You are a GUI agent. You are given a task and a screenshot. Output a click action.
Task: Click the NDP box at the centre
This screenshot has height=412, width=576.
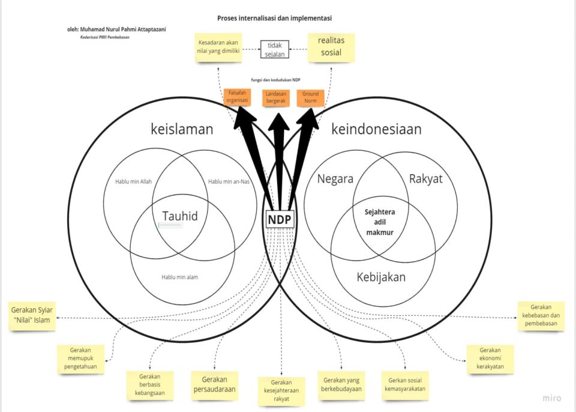click(280, 220)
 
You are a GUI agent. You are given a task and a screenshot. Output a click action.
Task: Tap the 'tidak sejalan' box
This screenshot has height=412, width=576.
click(275, 49)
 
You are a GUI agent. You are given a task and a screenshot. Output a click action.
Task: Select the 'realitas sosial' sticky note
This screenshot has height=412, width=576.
click(331, 47)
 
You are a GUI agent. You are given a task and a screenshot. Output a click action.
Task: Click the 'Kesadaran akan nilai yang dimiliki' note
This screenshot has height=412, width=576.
click(218, 47)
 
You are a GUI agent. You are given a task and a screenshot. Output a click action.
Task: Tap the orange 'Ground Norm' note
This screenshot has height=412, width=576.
click(310, 97)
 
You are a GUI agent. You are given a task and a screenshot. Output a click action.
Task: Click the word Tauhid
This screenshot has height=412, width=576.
click(180, 216)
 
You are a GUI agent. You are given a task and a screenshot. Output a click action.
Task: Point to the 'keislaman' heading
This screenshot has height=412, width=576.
click(182, 129)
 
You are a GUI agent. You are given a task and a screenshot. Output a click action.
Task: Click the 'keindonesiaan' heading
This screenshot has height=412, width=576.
click(376, 129)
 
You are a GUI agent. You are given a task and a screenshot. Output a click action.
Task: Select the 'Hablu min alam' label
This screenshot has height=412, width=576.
click(179, 277)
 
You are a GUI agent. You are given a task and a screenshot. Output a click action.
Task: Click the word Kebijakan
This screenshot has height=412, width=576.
click(381, 277)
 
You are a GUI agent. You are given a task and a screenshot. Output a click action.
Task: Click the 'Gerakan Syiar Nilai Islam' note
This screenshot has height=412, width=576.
click(33, 315)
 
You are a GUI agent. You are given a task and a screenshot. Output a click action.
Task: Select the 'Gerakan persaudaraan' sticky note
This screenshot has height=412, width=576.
click(214, 384)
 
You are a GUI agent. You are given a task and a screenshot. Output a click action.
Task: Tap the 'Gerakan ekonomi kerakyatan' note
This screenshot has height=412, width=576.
click(490, 359)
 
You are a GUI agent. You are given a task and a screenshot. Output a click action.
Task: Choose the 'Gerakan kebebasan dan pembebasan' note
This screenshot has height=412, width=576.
click(541, 315)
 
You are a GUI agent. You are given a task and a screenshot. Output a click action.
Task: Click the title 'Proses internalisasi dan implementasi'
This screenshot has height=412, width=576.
click(274, 18)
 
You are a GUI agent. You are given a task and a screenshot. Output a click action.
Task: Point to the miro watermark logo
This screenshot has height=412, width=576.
click(552, 398)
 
